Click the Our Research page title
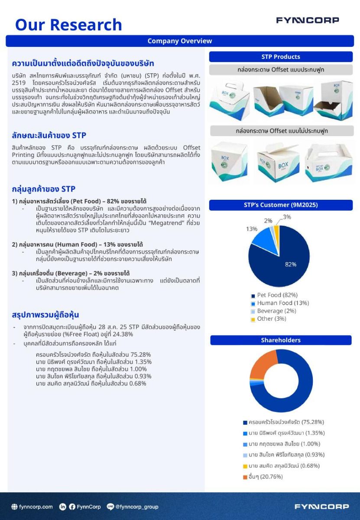click(x=68, y=25)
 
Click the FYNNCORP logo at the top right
click(x=308, y=20)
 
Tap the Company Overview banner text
click(x=180, y=41)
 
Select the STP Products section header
click(x=281, y=57)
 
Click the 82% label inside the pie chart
click(x=290, y=264)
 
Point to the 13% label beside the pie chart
click(x=252, y=229)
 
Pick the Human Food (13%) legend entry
click(x=282, y=303)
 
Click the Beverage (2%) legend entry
click(x=276, y=311)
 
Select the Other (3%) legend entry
click(x=271, y=318)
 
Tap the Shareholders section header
click(x=281, y=340)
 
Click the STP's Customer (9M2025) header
click(x=281, y=205)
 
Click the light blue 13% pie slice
click(x=263, y=240)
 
